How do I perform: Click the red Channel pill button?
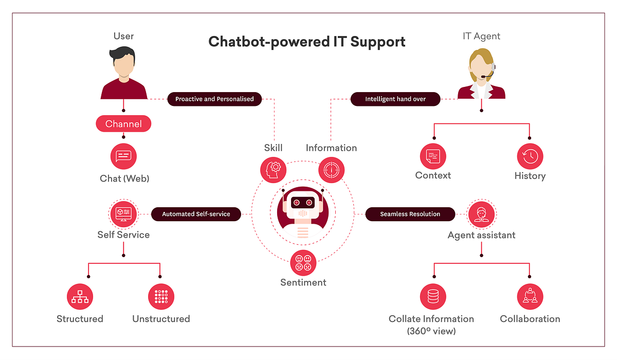coord(123,123)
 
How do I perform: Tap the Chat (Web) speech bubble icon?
coord(123,156)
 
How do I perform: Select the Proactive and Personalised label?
coord(214,99)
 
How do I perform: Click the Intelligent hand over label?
coord(395,99)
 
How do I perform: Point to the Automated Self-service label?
coord(196,214)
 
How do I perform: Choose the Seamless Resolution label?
coord(410,214)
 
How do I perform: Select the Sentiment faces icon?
coord(303,263)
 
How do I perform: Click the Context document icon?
coord(433,156)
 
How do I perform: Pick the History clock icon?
coord(530,156)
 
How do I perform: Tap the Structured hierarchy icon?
coord(80,297)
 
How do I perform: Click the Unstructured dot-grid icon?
coord(161,297)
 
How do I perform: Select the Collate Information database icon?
coord(433,297)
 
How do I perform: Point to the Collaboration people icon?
coord(530,297)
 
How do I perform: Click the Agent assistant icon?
coord(481,213)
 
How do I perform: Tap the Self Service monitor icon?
coord(123,213)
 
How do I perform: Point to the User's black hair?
coord(123,53)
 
